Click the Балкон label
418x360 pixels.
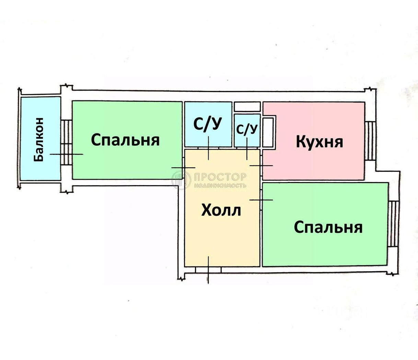click(38, 140)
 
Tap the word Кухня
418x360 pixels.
click(320, 142)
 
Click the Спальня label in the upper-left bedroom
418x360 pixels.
click(125, 140)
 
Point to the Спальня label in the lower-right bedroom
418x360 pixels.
click(328, 227)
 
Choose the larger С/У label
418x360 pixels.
click(208, 124)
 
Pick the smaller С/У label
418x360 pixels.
click(247, 129)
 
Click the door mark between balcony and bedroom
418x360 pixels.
click(66, 154)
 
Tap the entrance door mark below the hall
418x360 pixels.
click(208, 270)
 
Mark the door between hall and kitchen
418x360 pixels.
click(261, 166)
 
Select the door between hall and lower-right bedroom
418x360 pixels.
click(261, 200)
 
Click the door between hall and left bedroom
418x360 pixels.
click(183, 167)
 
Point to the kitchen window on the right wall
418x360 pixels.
click(370, 141)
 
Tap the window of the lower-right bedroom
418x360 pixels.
click(393, 224)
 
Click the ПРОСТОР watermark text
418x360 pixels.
click(220, 177)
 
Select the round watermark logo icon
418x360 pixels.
click(181, 180)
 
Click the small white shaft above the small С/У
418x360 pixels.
click(247, 107)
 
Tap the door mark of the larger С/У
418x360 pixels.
click(209, 148)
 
